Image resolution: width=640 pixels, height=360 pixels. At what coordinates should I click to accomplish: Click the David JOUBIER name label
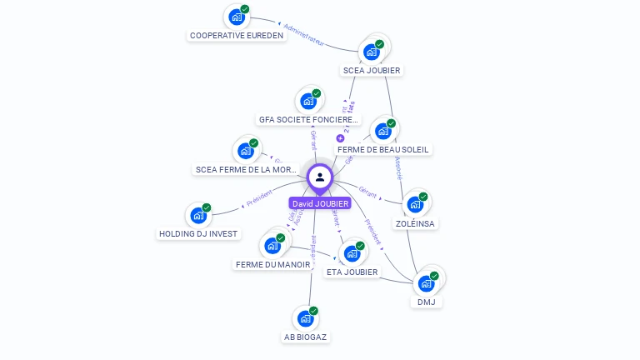[320, 203]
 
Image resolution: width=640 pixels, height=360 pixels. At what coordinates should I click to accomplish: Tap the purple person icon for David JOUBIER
[320, 177]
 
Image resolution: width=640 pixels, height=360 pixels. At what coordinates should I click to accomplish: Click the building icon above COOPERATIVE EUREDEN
[237, 17]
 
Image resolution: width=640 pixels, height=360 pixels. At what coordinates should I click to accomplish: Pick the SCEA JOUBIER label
[372, 70]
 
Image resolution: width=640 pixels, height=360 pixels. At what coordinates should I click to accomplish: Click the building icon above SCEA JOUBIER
[371, 52]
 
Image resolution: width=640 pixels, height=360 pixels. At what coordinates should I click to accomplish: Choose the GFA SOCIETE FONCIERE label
[308, 119]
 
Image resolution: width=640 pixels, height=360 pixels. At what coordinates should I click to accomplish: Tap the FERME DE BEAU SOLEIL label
[383, 149]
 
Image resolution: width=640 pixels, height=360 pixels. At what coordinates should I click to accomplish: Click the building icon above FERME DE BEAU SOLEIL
[382, 131]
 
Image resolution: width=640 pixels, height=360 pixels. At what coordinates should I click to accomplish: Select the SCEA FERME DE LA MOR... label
[246, 169]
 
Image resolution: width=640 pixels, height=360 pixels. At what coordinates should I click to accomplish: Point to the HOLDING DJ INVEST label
[198, 234]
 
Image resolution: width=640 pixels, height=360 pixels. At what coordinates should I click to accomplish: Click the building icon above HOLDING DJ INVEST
[198, 215]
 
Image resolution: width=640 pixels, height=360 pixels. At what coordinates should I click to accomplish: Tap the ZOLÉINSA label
[416, 223]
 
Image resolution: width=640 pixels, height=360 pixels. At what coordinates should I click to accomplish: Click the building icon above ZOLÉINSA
[415, 204]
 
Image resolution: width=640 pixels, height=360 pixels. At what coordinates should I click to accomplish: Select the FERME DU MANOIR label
[272, 264]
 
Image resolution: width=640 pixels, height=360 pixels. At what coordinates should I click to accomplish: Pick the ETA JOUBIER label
[352, 272]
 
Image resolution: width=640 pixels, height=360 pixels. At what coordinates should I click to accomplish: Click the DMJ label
[427, 302]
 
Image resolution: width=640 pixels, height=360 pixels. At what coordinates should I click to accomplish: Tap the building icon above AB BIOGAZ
[306, 318]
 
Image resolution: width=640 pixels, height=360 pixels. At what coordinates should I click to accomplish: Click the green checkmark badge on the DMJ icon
[434, 276]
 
